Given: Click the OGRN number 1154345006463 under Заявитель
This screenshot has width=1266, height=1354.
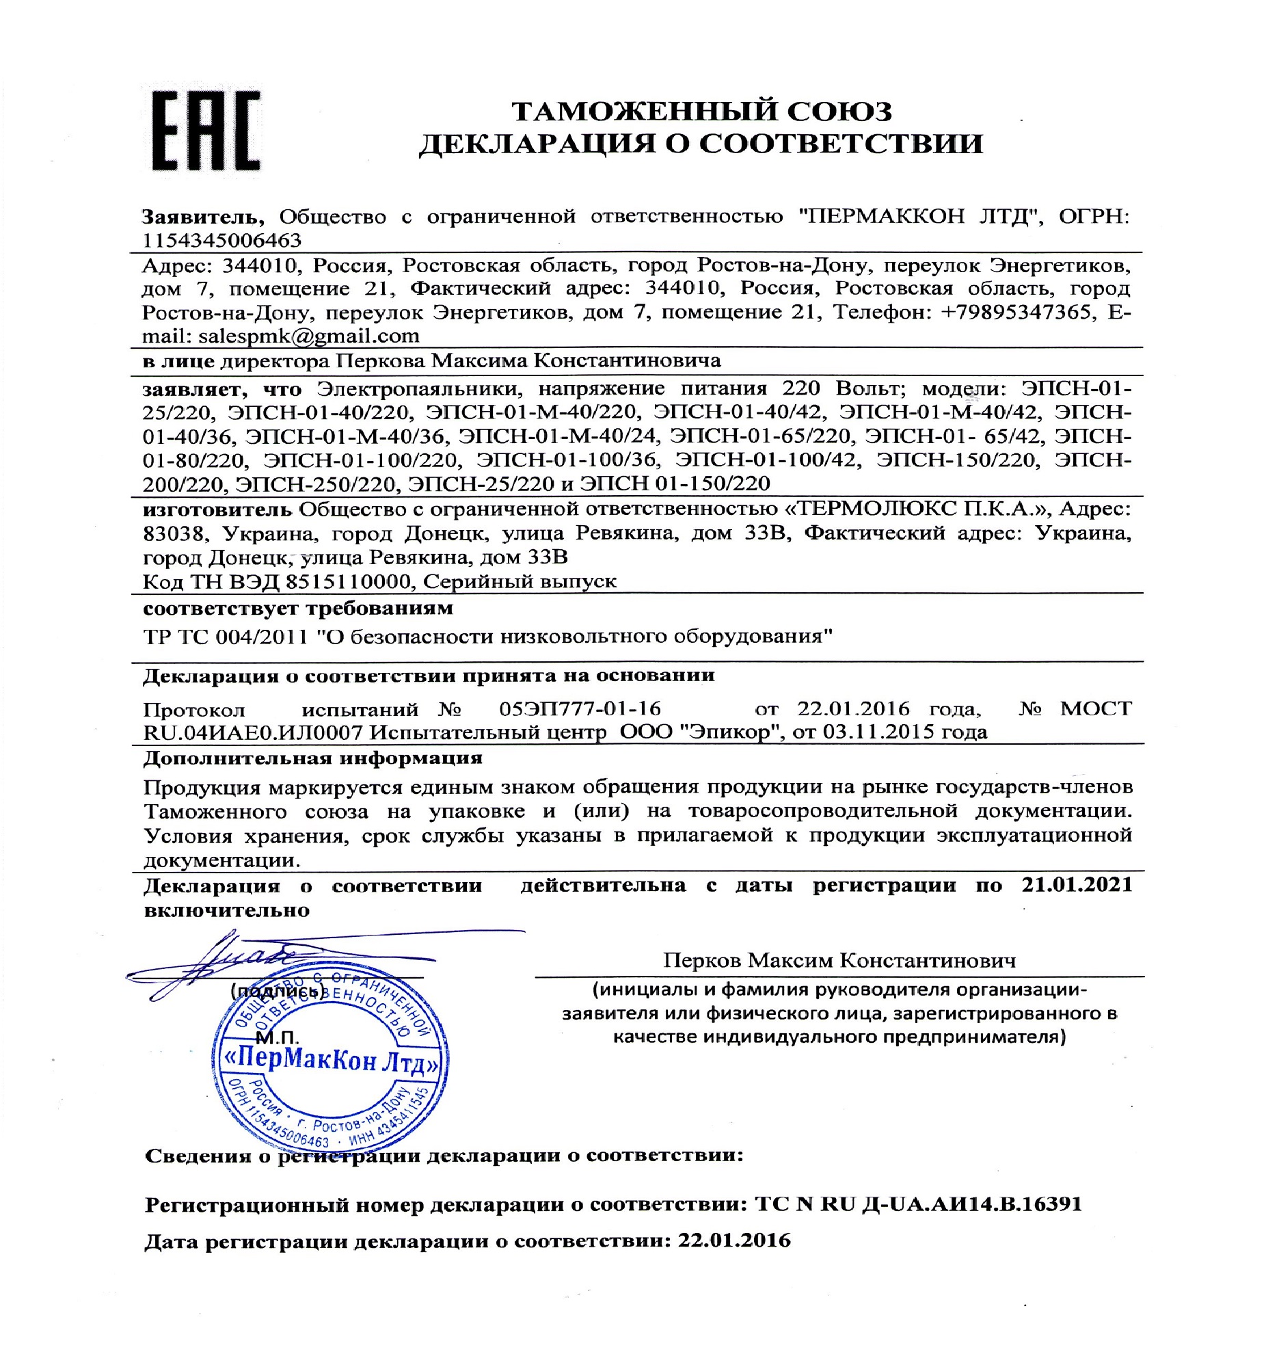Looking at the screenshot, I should coord(221,240).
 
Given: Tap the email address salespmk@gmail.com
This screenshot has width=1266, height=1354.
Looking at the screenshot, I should coord(308,336).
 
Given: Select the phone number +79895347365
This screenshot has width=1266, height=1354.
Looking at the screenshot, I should coord(1016,312).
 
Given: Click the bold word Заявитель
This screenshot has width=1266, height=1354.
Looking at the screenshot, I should coord(202,217).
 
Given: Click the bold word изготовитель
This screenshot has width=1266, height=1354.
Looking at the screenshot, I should coord(217,509).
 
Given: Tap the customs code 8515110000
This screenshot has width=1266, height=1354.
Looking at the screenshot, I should coord(348,581).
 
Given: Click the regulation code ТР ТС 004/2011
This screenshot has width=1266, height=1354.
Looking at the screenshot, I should coord(226,637).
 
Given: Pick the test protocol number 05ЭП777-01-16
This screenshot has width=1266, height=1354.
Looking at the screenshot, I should coord(580,708).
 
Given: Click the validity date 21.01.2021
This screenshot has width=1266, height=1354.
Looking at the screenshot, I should coord(1077,885).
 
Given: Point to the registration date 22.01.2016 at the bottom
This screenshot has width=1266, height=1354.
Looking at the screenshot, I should coord(733,1241).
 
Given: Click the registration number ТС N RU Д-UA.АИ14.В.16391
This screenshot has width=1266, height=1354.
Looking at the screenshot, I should coord(918,1204).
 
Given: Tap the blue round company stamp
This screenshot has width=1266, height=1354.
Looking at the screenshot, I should coord(329,1063).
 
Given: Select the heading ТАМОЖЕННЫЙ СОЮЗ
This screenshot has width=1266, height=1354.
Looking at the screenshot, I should coord(702,111).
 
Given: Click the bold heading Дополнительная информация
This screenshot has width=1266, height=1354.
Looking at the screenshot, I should coord(312,758).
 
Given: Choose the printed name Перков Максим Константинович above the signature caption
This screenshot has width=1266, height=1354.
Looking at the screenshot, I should coord(839,961).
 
